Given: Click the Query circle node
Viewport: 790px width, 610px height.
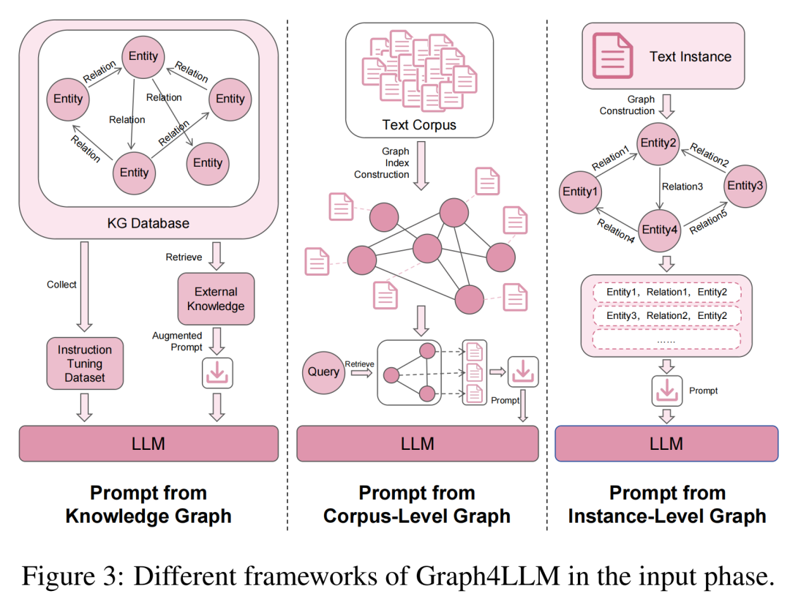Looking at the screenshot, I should pyautogui.click(x=323, y=372).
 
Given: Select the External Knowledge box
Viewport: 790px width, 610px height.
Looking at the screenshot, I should pyautogui.click(x=216, y=299).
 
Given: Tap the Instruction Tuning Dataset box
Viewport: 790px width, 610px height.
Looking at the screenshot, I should pyautogui.click(x=85, y=364).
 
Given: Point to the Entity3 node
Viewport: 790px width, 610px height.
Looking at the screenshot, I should pyautogui.click(x=745, y=186).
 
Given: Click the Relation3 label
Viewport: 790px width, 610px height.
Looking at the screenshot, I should pyautogui.click(x=682, y=187).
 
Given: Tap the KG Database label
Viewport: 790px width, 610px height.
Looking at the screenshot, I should pyautogui.click(x=148, y=223).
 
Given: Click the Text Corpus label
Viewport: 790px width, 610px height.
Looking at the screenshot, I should pyautogui.click(x=419, y=125).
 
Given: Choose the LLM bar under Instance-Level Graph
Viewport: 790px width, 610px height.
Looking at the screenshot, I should pyautogui.click(x=666, y=443).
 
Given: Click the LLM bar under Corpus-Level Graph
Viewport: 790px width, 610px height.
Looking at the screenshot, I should pyautogui.click(x=417, y=443).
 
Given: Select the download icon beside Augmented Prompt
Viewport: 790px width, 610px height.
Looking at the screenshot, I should pyautogui.click(x=217, y=373).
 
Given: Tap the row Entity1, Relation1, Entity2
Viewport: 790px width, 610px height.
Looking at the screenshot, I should pyautogui.click(x=666, y=293).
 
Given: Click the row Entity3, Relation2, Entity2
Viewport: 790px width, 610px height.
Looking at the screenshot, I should pyautogui.click(x=666, y=316).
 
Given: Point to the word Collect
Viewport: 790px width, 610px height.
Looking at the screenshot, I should pyautogui.click(x=61, y=285).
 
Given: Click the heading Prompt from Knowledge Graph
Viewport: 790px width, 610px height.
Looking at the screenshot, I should pyautogui.click(x=148, y=505).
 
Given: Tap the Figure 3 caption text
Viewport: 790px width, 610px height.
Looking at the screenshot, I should pyautogui.click(x=398, y=578).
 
